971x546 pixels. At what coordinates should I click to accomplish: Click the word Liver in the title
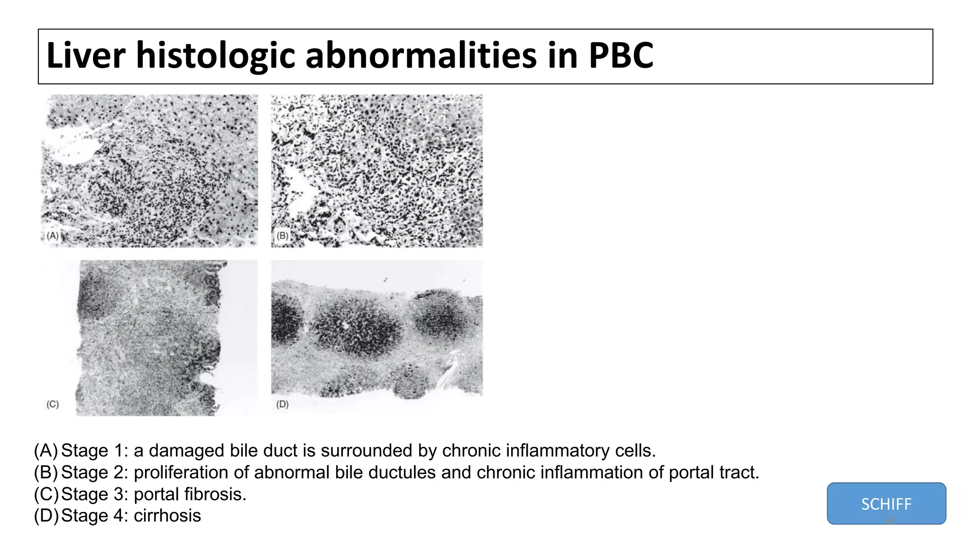pos(86,55)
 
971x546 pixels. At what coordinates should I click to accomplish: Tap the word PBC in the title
pos(621,55)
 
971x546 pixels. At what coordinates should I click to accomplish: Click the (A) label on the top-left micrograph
pos(53,236)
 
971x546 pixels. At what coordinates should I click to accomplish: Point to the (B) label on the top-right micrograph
pos(283,236)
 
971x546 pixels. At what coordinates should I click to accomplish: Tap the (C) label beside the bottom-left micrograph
pos(53,404)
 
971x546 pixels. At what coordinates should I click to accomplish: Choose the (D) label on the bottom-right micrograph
pos(283,404)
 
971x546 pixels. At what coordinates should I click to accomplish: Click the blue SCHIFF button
pos(886,503)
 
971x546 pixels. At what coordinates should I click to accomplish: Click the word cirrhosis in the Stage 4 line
pos(167,516)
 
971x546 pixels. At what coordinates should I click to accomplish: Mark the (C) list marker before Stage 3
pos(46,494)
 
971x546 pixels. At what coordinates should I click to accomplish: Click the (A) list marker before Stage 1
pos(46,451)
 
